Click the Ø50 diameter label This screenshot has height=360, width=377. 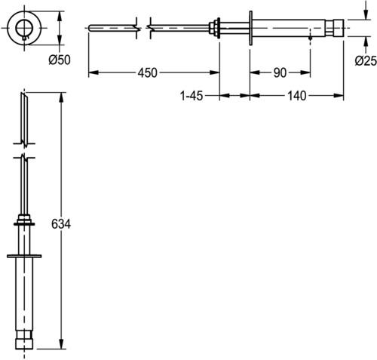tap(60, 60)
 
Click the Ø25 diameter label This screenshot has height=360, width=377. tap(366, 60)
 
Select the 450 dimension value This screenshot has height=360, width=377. tap(148, 72)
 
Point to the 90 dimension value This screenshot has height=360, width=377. tap(280, 72)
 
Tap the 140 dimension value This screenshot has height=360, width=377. tap(297, 96)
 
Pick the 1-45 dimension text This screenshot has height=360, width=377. tap(192, 96)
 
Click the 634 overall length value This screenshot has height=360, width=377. tap(61, 224)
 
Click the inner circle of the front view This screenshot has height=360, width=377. tap(24, 28)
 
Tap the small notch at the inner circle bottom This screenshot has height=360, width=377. tap(24, 38)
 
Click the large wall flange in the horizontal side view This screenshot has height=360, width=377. tap(250, 28)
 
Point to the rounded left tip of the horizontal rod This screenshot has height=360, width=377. tap(90, 28)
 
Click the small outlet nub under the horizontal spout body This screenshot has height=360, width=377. tap(310, 38)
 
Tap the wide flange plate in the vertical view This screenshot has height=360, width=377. tap(24, 256)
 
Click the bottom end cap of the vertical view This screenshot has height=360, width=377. tap(24, 343)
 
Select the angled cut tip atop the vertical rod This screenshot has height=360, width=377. tap(24, 97)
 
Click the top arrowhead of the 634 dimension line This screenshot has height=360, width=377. tap(61, 97)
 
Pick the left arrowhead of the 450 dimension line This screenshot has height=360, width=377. tap(93, 72)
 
